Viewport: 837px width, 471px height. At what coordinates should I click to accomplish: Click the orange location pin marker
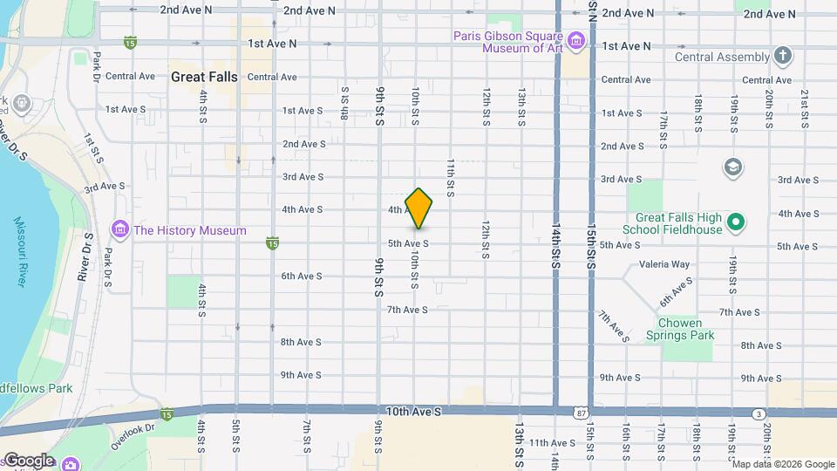pyautogui.click(x=418, y=208)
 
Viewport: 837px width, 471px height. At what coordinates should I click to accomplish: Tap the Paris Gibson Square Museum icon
pyautogui.click(x=576, y=40)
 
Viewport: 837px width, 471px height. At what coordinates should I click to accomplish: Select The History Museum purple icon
pyautogui.click(x=119, y=230)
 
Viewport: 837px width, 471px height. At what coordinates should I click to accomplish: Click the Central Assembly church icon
pyautogui.click(x=783, y=57)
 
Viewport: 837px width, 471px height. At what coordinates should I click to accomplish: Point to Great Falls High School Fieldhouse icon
pyautogui.click(x=735, y=223)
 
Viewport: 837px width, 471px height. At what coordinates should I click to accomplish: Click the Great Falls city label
pyautogui.click(x=204, y=77)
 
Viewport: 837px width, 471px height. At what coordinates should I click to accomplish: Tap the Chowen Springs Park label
pyautogui.click(x=680, y=329)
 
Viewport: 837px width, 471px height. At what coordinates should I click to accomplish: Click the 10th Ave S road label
pyautogui.click(x=414, y=410)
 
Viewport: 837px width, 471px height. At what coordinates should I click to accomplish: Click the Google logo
pyautogui.click(x=29, y=461)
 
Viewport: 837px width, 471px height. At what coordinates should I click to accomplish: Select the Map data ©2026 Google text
pyautogui.click(x=782, y=464)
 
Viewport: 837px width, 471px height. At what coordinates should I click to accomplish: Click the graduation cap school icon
pyautogui.click(x=733, y=167)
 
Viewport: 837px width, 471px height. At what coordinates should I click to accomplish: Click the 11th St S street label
pyautogui.click(x=451, y=177)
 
